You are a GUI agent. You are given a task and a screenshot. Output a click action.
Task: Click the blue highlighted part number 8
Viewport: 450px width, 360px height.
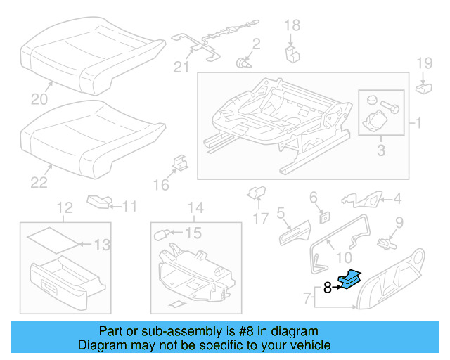(349, 280)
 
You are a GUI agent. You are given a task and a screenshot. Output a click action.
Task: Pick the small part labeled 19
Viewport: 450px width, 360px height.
(425, 88)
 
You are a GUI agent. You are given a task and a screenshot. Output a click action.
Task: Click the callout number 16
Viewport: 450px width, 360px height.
(162, 185)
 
